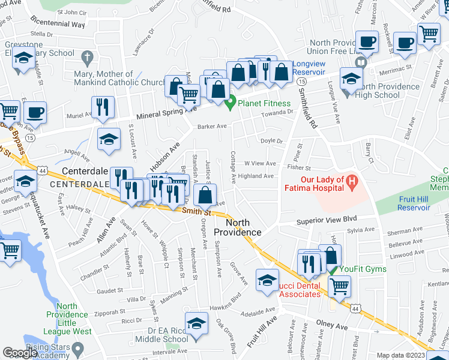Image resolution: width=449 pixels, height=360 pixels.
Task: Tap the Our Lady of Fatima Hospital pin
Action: pos(352,179)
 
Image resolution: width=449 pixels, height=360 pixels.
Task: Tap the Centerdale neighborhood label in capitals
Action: pos(79,184)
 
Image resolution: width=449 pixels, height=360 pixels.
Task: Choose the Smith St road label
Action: pos(199,211)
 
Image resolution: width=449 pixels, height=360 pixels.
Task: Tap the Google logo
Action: pos(20,353)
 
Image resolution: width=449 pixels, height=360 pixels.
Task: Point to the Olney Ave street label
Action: pos(332,327)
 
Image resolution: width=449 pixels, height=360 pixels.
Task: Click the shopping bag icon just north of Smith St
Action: pos(205,196)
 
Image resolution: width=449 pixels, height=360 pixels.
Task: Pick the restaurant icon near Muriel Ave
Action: pos(103,107)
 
